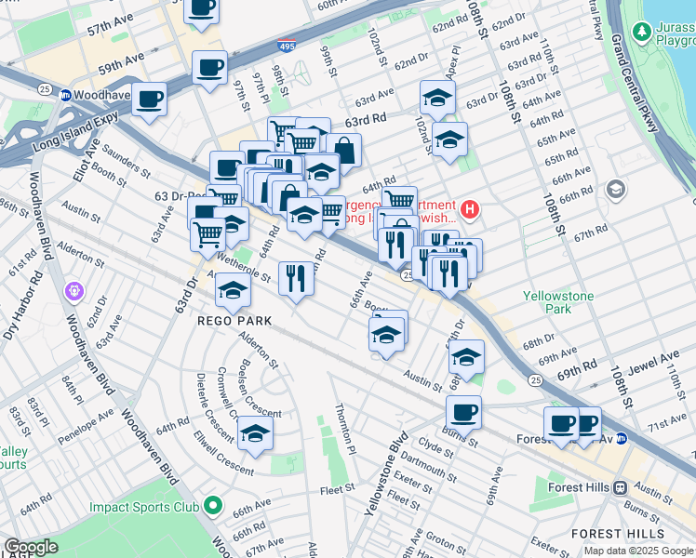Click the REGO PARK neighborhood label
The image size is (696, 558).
pyautogui.click(x=234, y=320)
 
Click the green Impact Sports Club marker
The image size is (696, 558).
pyautogui.click(x=213, y=507)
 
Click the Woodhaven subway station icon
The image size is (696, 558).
pyautogui.click(x=66, y=95)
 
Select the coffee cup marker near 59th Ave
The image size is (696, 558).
pyautogui.click(x=209, y=68)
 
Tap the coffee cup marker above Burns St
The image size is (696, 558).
pyautogui.click(x=463, y=412)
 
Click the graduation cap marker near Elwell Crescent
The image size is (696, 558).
pyautogui.click(x=255, y=433)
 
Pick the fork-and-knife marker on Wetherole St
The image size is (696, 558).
pyautogui.click(x=296, y=277)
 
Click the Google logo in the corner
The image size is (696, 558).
pyautogui.click(x=31, y=547)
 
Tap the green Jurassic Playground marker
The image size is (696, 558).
pyautogui.click(x=642, y=32)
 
